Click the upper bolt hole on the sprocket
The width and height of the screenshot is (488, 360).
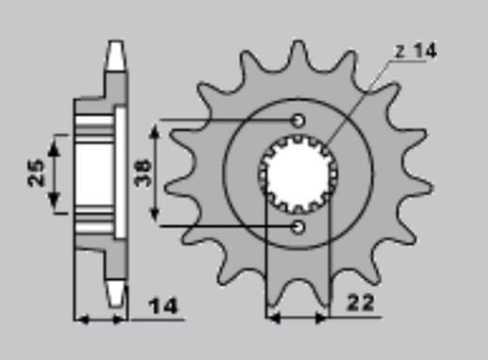point(298,121)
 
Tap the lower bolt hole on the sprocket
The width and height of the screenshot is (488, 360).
point(298,227)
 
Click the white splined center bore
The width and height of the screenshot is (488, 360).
point(298,173)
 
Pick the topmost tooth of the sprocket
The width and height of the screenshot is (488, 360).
point(299,57)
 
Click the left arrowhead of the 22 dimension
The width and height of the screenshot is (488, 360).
point(272,313)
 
